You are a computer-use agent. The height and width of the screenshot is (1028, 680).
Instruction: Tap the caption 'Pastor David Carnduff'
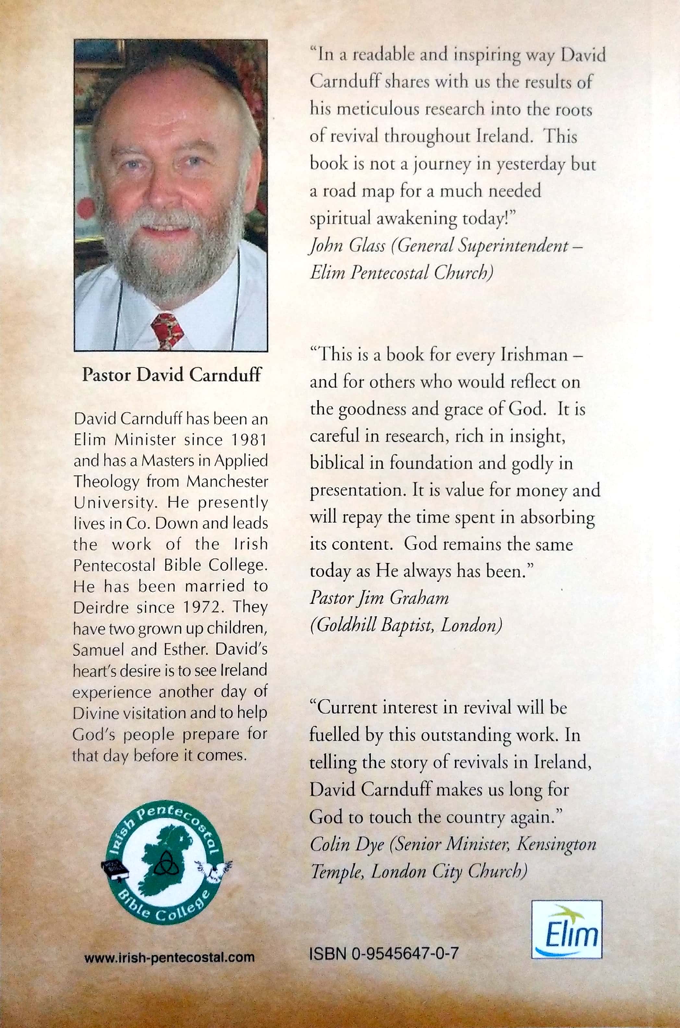coord(171,375)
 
